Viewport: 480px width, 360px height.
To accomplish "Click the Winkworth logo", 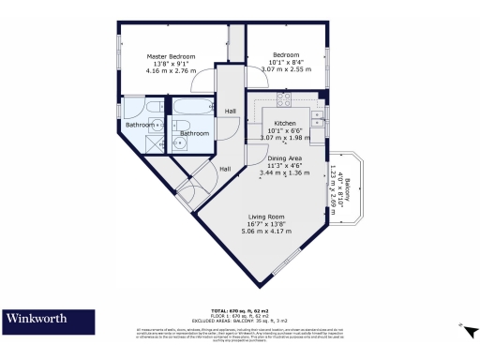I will (38, 319).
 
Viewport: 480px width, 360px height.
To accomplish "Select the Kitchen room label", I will (285, 124).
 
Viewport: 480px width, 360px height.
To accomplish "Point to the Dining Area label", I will (285, 158).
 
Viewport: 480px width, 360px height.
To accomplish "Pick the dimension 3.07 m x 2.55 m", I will (286, 69).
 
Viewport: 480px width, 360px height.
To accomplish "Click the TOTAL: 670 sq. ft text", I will (239, 308).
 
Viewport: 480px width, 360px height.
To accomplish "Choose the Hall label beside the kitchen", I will (231, 112).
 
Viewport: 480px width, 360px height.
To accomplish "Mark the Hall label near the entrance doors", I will (225, 169).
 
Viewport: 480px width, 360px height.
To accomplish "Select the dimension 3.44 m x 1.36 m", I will (285, 173).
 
